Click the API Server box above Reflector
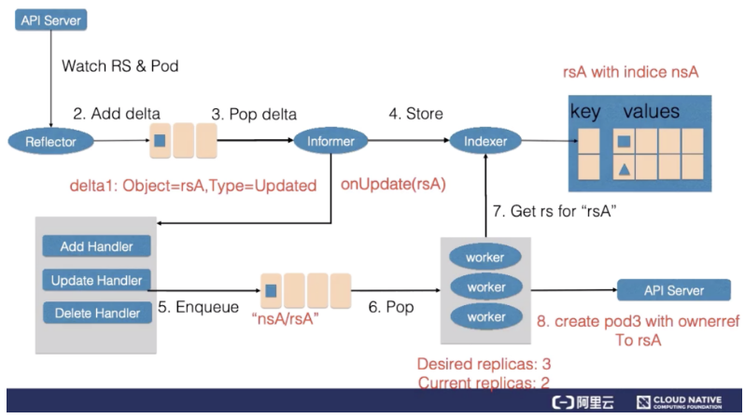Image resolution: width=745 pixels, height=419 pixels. pos(50,21)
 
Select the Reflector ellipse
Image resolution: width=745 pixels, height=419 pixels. pos(50,141)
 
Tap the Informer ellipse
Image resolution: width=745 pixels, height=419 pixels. pos(330,141)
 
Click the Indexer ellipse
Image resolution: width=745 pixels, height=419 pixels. pos(485,141)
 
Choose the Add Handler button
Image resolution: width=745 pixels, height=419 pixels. pos(96,246)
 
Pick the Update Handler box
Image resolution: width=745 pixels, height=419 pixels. pos(96,280)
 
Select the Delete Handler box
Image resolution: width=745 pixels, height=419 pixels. pos(97,313)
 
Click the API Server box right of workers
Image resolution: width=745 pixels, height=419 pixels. pos(674,290)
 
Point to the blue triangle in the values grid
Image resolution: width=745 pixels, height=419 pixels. pos(625,170)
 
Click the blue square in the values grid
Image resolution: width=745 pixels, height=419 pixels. pos(624,141)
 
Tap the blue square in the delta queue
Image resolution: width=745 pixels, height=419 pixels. pos(161,140)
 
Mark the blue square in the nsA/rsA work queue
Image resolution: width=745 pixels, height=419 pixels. pos(271,290)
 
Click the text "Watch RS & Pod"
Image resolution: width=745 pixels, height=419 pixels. pos(120,65)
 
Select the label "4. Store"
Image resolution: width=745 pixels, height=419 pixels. pos(415,114)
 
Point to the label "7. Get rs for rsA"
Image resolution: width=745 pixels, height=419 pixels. pos(555,211)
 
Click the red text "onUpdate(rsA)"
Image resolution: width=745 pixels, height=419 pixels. pos(393,185)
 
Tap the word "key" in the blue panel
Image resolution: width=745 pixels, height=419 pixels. pos(585,112)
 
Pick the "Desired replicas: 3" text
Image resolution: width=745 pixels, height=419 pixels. pos(484,364)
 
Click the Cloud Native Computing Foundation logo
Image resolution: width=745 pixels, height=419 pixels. pos(679,402)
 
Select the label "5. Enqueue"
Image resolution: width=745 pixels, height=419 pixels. pos(198,307)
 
